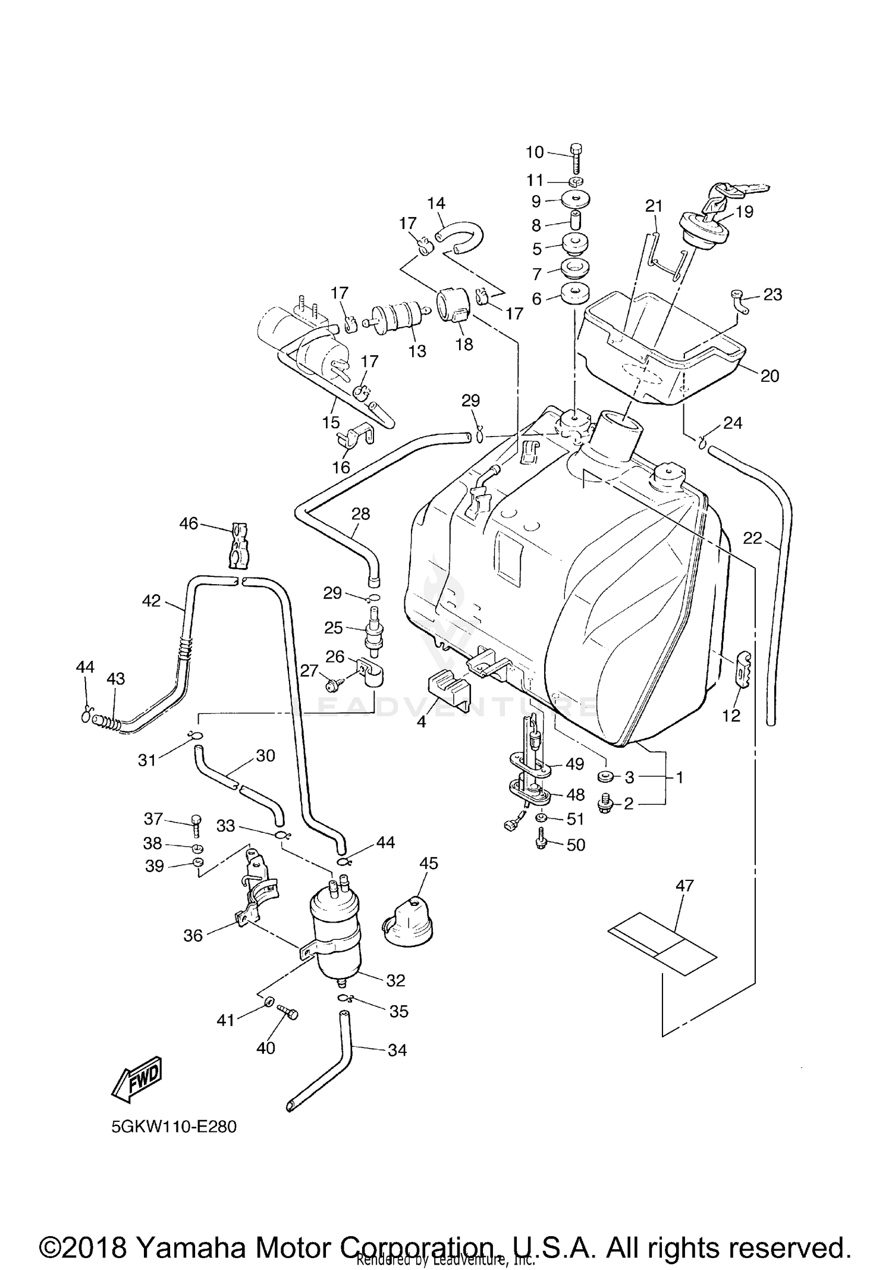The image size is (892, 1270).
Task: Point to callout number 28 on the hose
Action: [x=361, y=513]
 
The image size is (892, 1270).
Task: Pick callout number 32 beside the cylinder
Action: [x=395, y=980]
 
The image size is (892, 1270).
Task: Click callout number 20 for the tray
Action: [x=769, y=375]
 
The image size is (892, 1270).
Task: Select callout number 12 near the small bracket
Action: [x=731, y=716]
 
